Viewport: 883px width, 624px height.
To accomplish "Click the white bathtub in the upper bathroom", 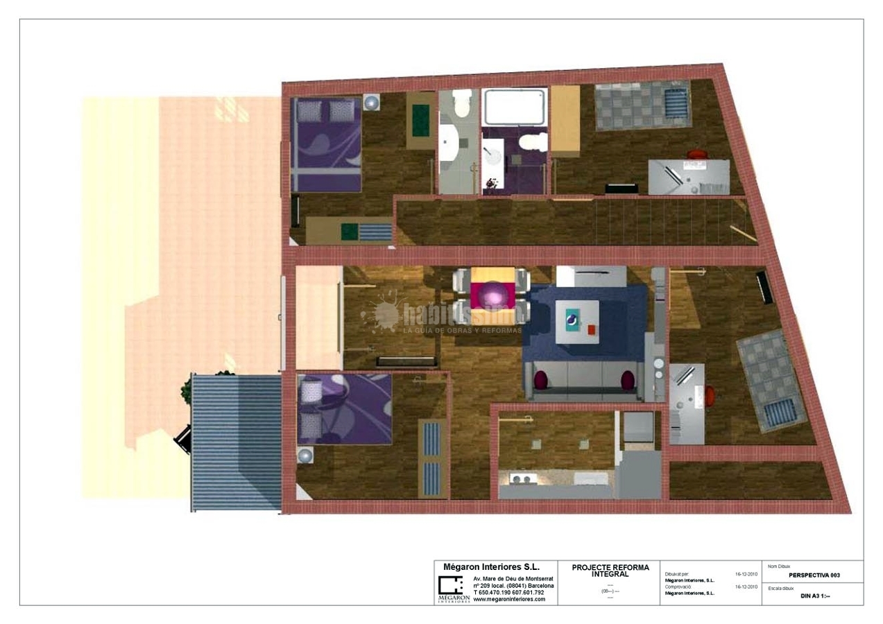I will pos(514,106).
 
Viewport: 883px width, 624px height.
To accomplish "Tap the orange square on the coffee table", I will pos(592,329).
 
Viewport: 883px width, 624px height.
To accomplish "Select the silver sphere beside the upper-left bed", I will pos(374,103).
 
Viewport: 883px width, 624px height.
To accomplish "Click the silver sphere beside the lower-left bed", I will pos(305,456).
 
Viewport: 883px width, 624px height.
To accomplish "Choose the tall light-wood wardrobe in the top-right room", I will pos(565,120).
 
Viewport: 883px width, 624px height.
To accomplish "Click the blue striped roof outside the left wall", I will pos(235,442).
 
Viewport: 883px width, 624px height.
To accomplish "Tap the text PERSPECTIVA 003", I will pos(814,575).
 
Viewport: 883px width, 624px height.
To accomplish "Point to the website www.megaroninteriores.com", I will pos(509,600).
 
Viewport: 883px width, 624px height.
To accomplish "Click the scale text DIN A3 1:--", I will pos(815,596).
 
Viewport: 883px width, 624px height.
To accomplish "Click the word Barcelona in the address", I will pos(540,585).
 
